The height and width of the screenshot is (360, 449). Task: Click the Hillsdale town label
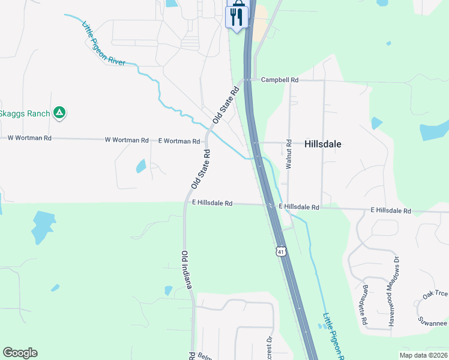click(323, 144)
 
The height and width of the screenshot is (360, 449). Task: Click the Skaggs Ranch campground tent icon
click(59, 112)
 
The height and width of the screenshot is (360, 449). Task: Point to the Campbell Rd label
click(279, 79)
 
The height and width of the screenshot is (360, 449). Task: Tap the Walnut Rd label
click(289, 154)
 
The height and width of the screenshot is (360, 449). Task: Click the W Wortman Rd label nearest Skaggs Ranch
click(29, 138)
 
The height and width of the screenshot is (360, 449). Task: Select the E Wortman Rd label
click(179, 141)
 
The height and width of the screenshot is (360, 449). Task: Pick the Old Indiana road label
click(186, 270)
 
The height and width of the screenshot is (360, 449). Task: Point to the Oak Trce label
click(435, 294)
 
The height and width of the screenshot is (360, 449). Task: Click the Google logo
click(20, 353)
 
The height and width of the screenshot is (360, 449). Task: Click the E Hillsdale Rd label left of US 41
click(212, 203)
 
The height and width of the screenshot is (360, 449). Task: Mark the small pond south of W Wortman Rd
click(140, 166)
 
